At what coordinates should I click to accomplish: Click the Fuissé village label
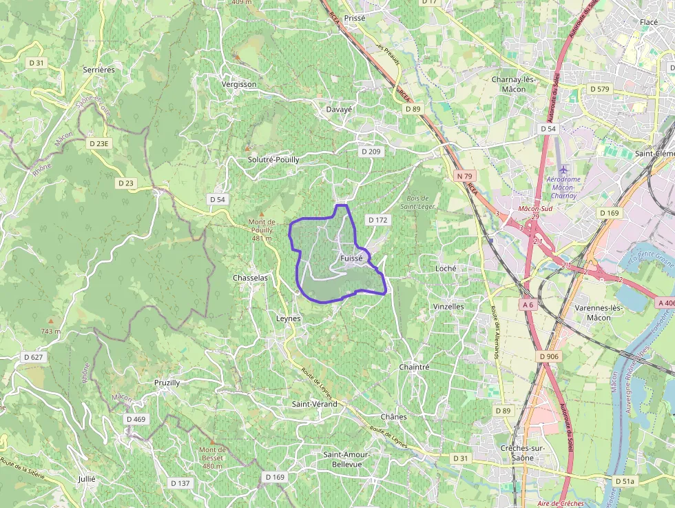tap(351, 258)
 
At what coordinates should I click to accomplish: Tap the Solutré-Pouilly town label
tap(273, 159)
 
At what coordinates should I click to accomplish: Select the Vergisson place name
tap(239, 84)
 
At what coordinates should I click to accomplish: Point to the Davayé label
tap(339, 109)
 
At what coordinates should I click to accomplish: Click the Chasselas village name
tap(250, 278)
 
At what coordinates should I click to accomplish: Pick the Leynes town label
tap(288, 319)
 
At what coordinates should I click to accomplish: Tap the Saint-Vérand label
tap(315, 403)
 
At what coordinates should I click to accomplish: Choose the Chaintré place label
tap(414, 367)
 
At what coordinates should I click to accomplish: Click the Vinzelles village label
tap(448, 306)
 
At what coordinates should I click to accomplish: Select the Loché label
tap(446, 268)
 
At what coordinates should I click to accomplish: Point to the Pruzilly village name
tap(167, 383)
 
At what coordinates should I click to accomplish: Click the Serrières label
tap(98, 70)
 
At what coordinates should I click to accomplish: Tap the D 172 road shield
tap(378, 220)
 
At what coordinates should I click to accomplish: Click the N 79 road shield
tap(465, 176)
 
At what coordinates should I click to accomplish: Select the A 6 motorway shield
tap(528, 304)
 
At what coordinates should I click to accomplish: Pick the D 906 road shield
tap(549, 356)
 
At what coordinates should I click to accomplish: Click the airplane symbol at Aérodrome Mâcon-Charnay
tap(563, 169)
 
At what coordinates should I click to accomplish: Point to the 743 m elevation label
tap(50, 332)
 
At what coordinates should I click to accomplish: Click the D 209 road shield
tap(371, 151)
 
